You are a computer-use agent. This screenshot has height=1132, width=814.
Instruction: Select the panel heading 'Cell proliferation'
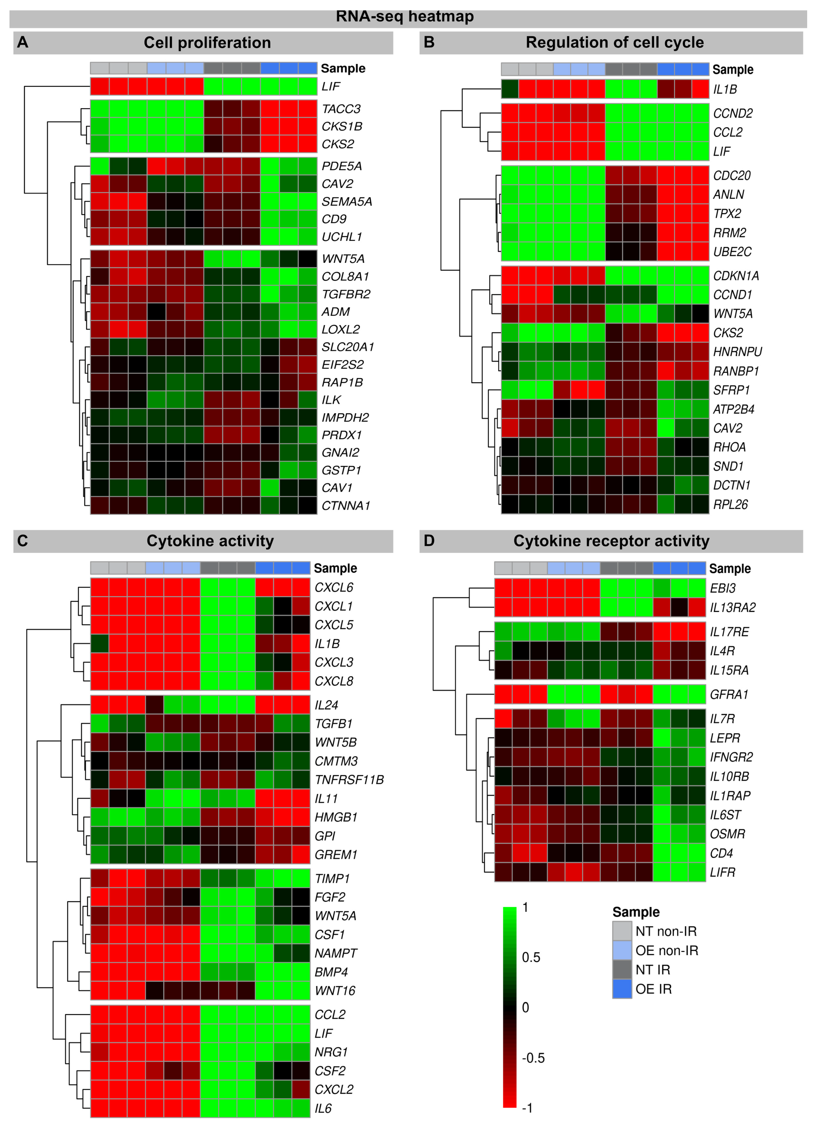207,43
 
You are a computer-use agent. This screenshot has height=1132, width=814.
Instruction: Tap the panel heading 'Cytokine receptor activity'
611,541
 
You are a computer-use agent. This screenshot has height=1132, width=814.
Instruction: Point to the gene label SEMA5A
347,202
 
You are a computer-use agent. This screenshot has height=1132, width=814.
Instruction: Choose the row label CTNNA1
346,506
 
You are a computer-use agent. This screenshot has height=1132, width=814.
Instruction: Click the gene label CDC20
732,176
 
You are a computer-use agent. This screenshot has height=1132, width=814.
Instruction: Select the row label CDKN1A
736,276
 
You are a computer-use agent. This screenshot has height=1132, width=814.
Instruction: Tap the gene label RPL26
730,505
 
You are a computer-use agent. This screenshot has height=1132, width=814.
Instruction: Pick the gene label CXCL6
334,587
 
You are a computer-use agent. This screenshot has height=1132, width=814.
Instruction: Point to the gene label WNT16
335,991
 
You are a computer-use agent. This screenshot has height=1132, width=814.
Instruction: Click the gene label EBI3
723,588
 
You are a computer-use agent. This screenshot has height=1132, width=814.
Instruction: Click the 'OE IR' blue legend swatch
622,989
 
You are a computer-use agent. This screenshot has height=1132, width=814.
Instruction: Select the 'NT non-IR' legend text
666,931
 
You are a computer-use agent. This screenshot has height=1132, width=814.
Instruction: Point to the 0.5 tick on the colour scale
531,957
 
